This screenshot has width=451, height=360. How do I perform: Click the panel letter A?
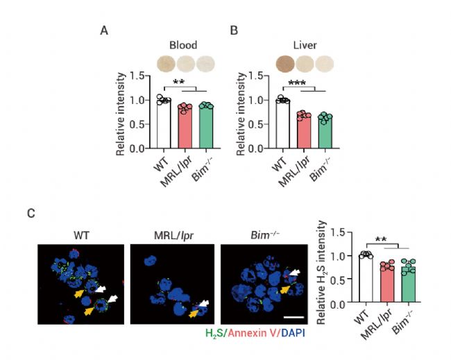tap(104, 31)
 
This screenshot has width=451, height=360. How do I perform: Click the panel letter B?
tap(234, 31)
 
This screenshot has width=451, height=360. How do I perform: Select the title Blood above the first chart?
tap(183, 46)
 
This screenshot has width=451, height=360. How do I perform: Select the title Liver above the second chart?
tap(305, 46)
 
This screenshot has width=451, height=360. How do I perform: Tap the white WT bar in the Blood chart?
tap(163, 123)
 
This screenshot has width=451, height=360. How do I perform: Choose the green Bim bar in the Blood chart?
tap(205, 126)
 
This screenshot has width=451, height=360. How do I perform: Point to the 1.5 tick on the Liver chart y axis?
tap(260, 76)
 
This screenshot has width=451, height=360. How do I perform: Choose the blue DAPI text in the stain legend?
tap(291, 333)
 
